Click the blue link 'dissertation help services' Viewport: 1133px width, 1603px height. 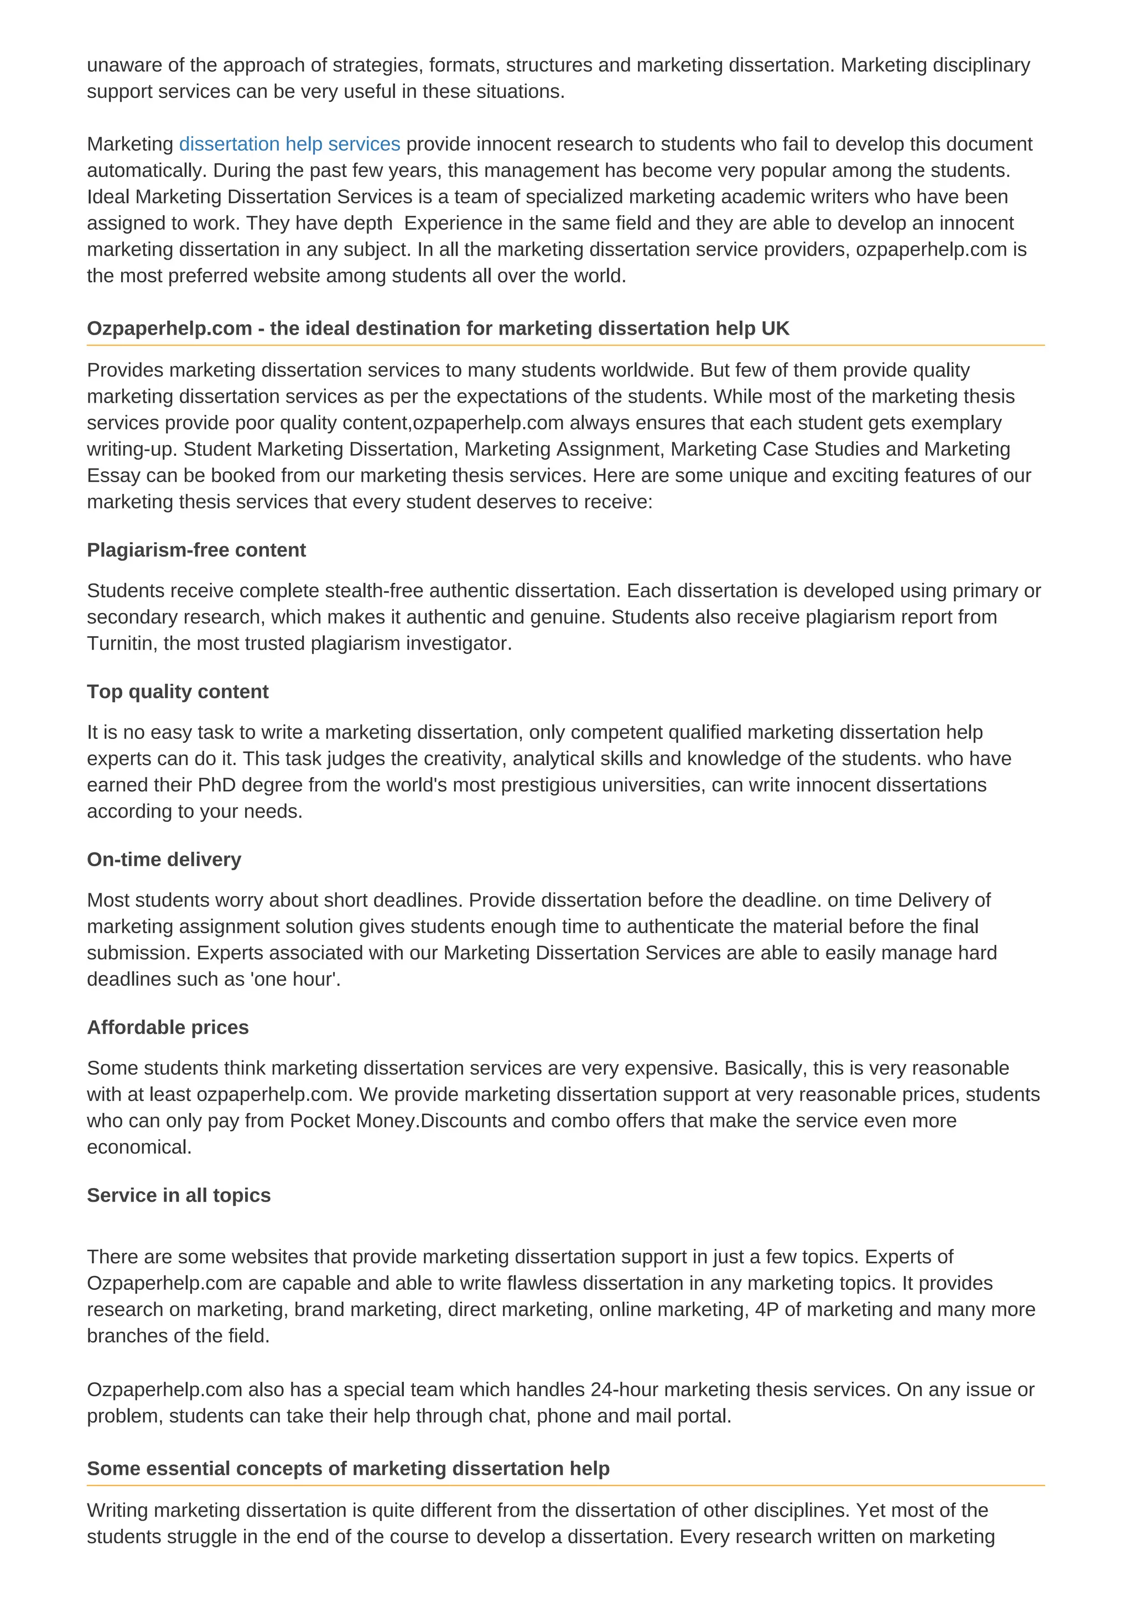pyautogui.click(x=290, y=144)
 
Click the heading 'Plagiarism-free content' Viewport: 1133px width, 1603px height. pyautogui.click(x=196, y=550)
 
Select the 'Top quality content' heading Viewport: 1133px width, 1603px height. pyautogui.click(x=178, y=691)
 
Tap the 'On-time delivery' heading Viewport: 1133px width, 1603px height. pyautogui.click(x=164, y=860)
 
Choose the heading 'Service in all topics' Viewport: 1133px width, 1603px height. pyautogui.click(x=179, y=1195)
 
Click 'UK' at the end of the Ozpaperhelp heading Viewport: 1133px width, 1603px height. pyautogui.click(x=776, y=328)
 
